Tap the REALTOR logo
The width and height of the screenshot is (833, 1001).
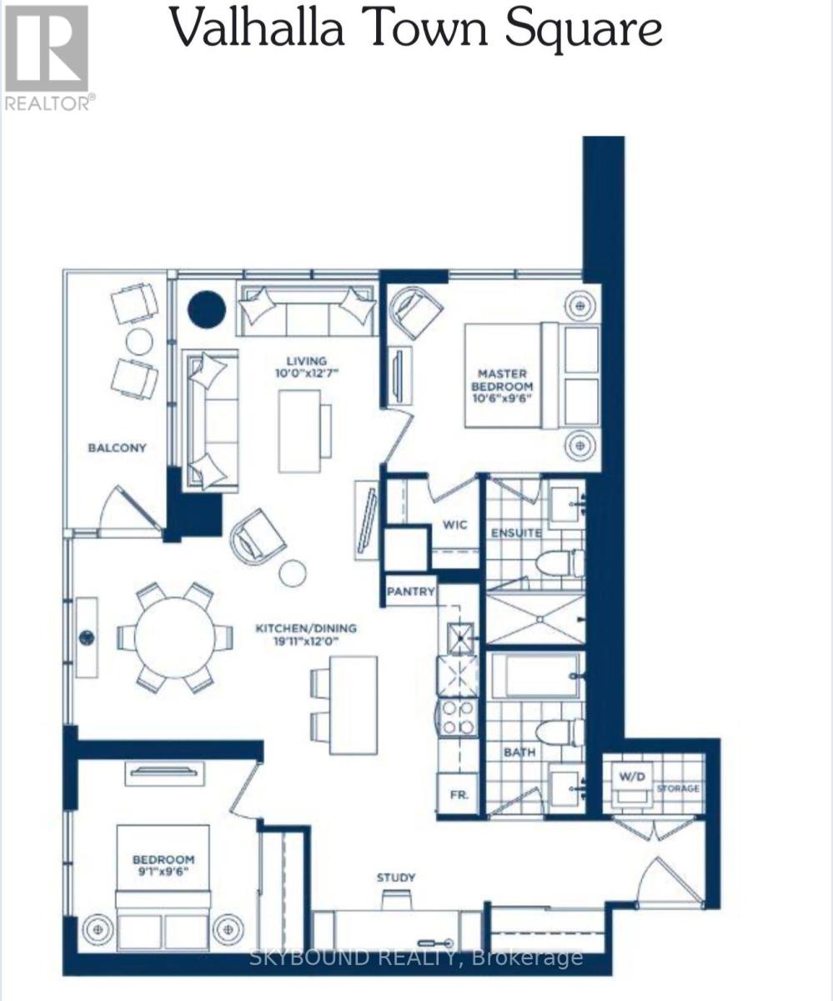[x=48, y=57]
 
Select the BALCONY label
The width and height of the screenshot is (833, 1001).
[x=118, y=448]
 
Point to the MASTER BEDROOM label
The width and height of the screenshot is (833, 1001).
[x=504, y=380]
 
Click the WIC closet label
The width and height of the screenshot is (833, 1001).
[x=455, y=526]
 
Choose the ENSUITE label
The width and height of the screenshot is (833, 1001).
[x=516, y=532]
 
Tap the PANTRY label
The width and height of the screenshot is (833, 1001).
[x=410, y=591]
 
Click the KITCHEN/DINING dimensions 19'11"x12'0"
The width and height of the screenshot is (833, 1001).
[x=305, y=641]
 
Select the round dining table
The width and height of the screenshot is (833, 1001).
[x=175, y=637]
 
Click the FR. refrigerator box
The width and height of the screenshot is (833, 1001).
[x=459, y=794]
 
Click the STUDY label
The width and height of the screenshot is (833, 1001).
[x=395, y=878]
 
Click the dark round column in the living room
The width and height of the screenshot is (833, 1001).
[x=206, y=309]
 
